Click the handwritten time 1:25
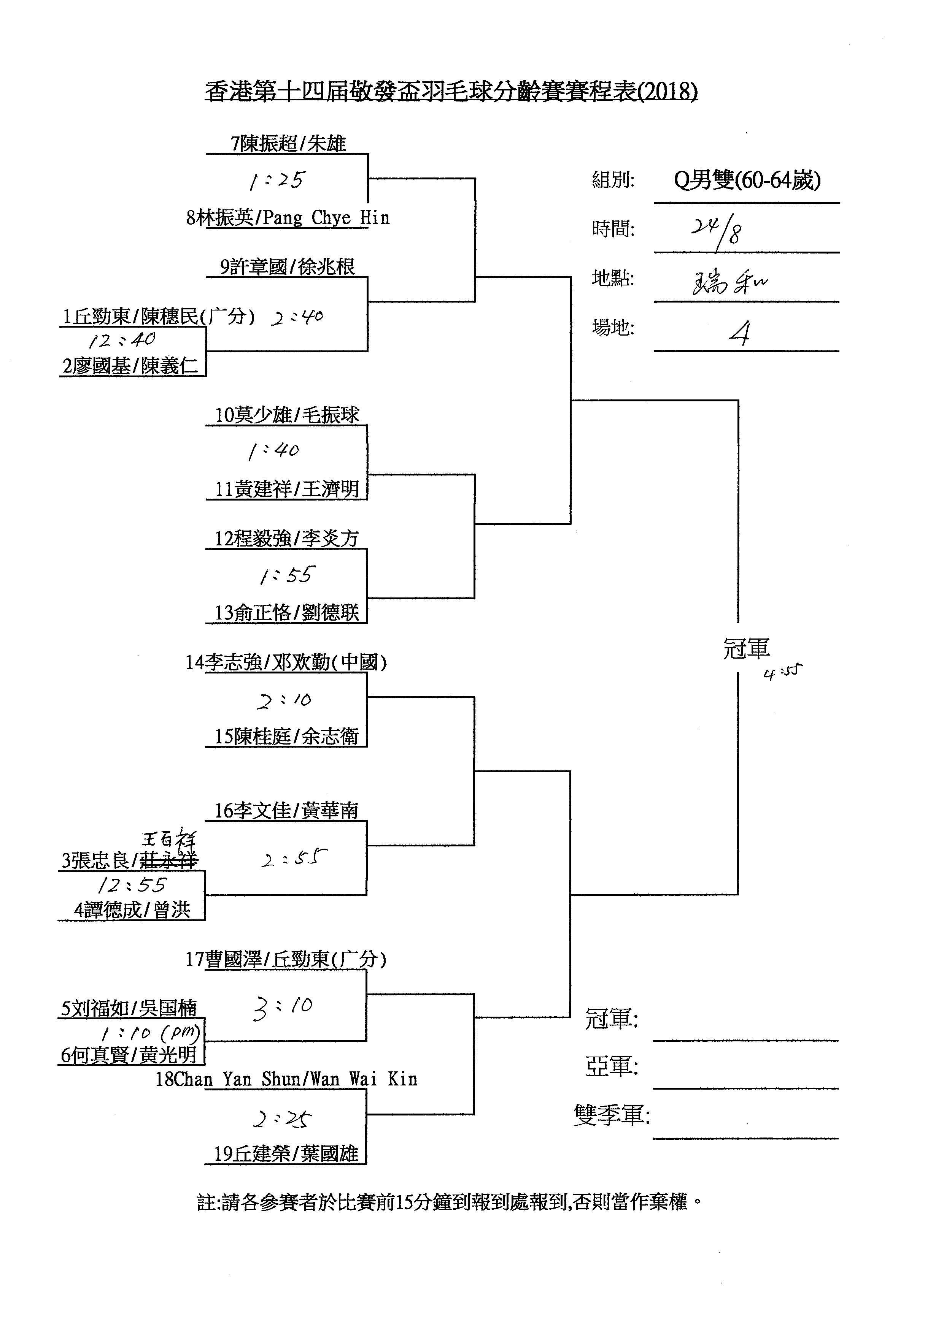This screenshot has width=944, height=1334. pos(277,181)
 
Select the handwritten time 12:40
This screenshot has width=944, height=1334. pos(122,339)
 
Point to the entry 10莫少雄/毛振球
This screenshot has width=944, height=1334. pos(287,415)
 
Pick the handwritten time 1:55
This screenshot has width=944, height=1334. pos(286,575)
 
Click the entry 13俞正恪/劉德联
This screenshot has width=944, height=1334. pos(287,612)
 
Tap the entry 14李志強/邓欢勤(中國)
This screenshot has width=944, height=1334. pos(286,662)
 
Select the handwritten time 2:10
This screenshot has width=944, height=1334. pos(284,700)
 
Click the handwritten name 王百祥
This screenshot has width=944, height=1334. pos(169,838)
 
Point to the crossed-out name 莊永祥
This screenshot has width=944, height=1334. pos(169,860)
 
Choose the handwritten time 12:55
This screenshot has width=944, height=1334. pos(132,885)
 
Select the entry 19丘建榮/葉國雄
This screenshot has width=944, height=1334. pos(286,1153)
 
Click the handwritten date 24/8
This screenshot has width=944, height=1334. pos(716,231)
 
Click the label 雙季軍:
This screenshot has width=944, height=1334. pos(612,1115)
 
